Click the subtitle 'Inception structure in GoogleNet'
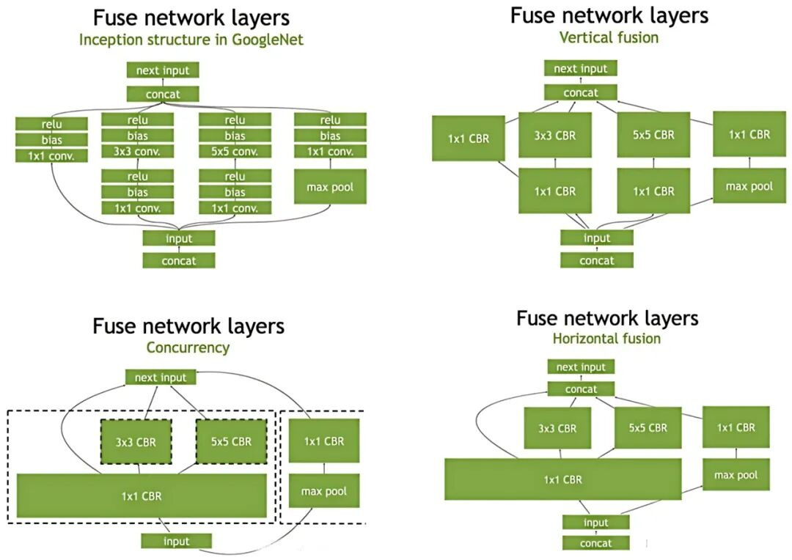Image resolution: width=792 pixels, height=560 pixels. [191, 40]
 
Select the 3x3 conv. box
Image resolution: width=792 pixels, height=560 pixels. [138, 152]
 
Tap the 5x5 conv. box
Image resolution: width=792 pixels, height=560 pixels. [235, 152]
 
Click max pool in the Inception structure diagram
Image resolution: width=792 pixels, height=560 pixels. [329, 187]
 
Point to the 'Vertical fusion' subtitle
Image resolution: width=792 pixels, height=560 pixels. [609, 37]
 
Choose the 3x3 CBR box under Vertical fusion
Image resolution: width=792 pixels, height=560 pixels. [554, 135]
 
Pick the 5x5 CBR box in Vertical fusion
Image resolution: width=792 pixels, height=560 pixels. [653, 135]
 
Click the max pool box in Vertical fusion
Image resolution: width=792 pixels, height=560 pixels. [749, 186]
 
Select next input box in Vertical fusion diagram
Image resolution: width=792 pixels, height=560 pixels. [580, 69]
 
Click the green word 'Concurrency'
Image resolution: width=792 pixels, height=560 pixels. [188, 347]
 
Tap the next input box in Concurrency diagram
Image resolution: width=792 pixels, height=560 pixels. [161, 377]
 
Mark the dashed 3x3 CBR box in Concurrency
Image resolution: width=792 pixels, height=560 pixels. [136, 441]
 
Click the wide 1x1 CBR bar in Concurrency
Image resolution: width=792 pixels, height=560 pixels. [142, 495]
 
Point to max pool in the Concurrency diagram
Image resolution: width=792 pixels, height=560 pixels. [323, 491]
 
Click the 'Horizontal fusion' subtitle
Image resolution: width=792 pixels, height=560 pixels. [606, 339]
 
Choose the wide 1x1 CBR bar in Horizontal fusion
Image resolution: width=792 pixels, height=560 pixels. [562, 479]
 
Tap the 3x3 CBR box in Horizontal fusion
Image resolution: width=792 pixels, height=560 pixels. [557, 428]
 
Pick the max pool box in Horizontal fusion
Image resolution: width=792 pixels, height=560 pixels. [736, 475]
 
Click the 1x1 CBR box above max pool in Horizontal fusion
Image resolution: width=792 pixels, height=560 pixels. [736, 427]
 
